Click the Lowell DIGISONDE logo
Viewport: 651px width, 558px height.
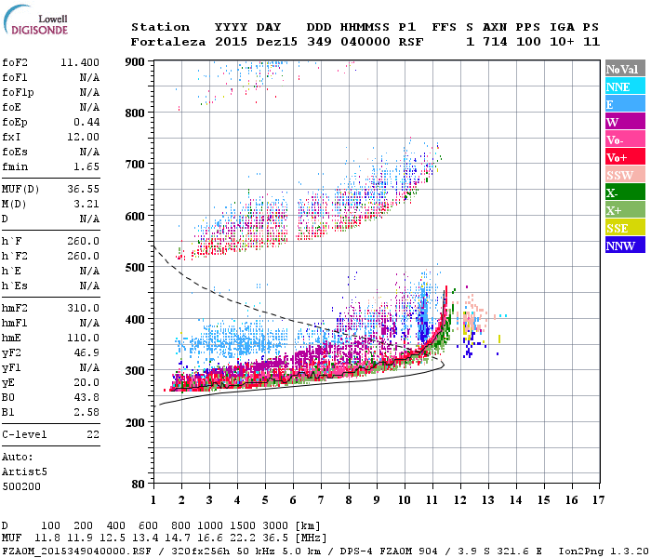tap(38, 24)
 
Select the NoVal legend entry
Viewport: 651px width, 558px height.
tap(622, 69)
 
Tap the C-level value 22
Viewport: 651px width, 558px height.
tap(93, 434)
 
